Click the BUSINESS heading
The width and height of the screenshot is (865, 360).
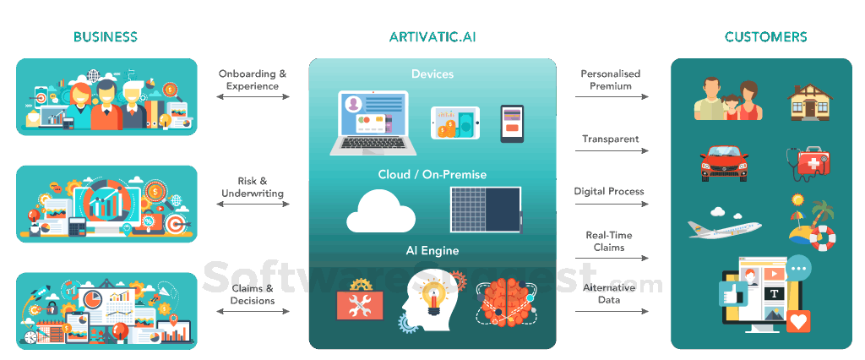[106, 36]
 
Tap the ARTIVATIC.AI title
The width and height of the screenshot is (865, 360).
[432, 36]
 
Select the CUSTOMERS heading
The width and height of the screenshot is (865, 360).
[765, 36]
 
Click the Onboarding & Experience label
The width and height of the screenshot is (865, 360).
[253, 79]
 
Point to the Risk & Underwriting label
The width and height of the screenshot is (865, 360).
[253, 187]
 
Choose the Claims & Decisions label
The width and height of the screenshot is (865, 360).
[253, 294]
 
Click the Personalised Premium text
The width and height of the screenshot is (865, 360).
[611, 79]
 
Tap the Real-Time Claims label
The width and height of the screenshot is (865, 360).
[609, 241]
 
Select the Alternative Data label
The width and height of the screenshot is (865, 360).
[609, 293]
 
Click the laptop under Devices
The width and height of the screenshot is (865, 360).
[372, 123]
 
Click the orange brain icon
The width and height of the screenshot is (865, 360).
[507, 303]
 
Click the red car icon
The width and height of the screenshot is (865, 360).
[724, 162]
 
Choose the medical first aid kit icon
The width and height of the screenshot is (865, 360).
[810, 164]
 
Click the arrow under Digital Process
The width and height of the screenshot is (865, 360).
[612, 205]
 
